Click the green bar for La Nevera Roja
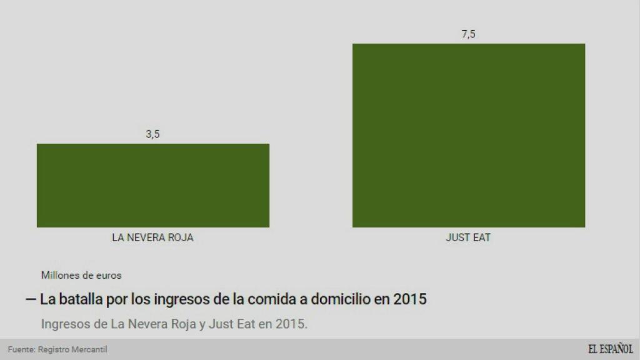[153, 186]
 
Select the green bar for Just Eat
[469, 136]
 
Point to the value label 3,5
[153, 134]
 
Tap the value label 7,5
[468, 34]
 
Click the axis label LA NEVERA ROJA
[152, 238]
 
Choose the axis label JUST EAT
[468, 238]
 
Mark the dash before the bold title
[30, 299]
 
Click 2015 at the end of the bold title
[410, 299]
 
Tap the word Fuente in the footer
[21, 349]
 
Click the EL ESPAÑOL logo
[610, 349]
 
